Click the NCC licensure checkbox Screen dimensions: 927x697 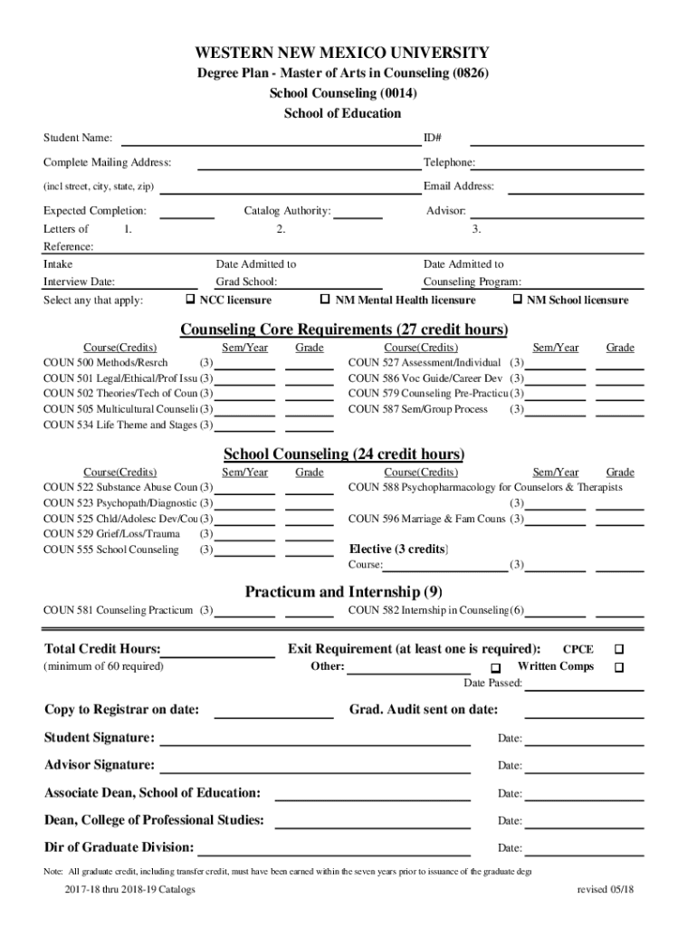(191, 300)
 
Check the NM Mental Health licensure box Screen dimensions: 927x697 (326, 300)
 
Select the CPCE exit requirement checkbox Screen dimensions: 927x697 (619, 649)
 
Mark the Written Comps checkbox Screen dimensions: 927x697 (619, 667)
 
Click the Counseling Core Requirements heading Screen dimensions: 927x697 (344, 328)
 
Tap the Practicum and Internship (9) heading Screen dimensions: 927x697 (343, 592)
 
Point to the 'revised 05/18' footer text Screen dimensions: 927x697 (606, 889)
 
